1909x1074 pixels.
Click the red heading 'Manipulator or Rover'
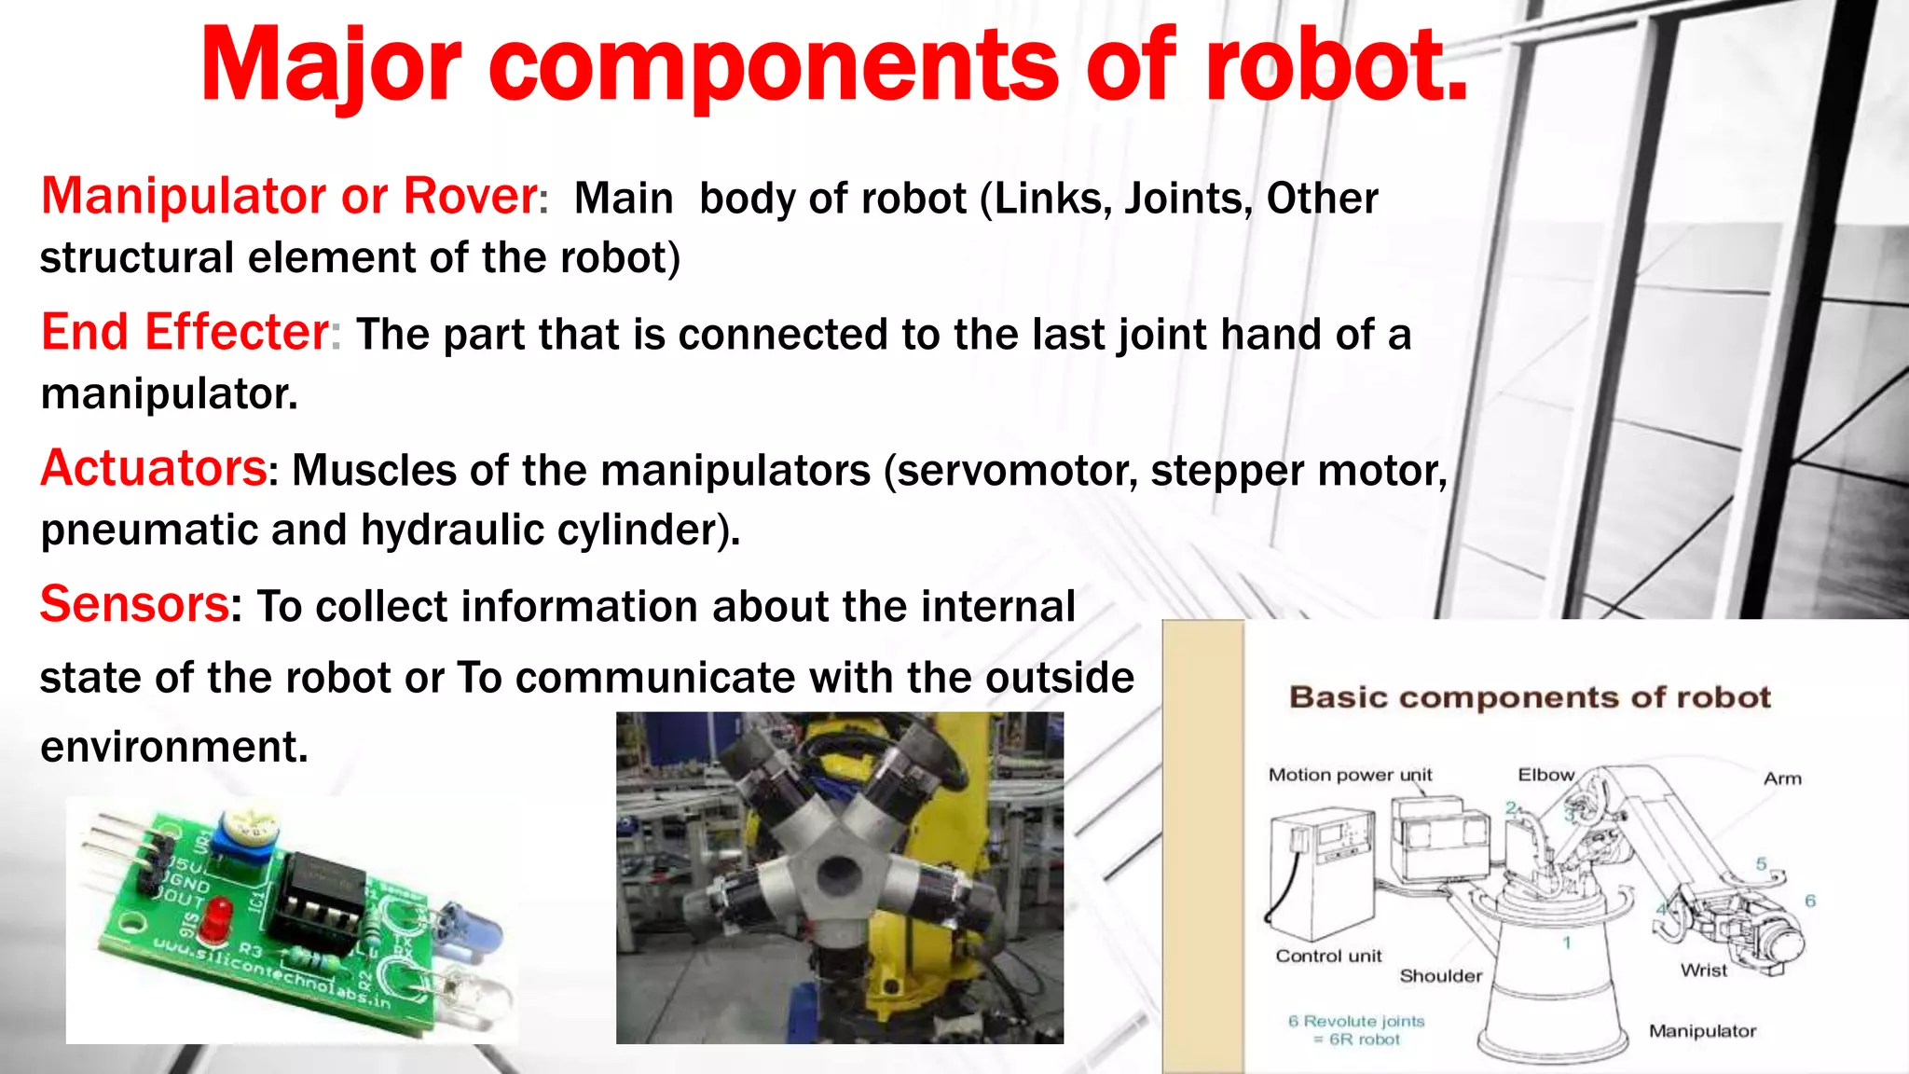[x=289, y=197]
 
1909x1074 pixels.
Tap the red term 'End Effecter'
[x=185, y=333]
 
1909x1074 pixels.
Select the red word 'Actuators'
[x=154, y=469]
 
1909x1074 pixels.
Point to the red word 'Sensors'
[x=134, y=604]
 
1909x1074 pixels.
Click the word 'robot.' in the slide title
[x=1336, y=65]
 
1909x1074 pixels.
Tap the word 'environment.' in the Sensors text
[x=174, y=747]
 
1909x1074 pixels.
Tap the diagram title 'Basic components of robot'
[x=1530, y=697]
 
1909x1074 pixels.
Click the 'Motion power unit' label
[x=1350, y=775]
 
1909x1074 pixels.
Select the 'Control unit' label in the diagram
[x=1328, y=956]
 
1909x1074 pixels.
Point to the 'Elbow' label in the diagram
[x=1545, y=775]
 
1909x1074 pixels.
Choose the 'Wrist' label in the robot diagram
[x=1704, y=971]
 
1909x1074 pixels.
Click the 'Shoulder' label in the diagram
[x=1440, y=976]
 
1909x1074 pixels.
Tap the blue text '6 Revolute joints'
[x=1356, y=1021]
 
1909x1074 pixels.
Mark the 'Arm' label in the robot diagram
[x=1782, y=778]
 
